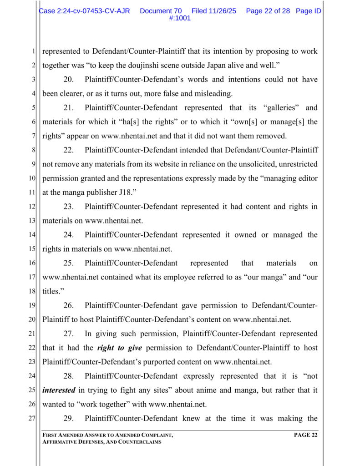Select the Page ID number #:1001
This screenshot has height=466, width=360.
pos(180,18)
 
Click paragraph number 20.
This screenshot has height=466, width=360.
pos(68,80)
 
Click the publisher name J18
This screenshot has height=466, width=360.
pos(122,192)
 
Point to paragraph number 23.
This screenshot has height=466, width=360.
pos(68,207)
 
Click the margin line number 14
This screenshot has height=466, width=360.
pos(32,235)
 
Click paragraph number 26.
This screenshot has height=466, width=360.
pos(68,305)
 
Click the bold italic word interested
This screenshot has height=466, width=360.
pos(59,390)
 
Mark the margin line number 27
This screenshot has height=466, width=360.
pos(32,418)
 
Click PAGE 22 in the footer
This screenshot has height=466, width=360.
pos(305,436)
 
